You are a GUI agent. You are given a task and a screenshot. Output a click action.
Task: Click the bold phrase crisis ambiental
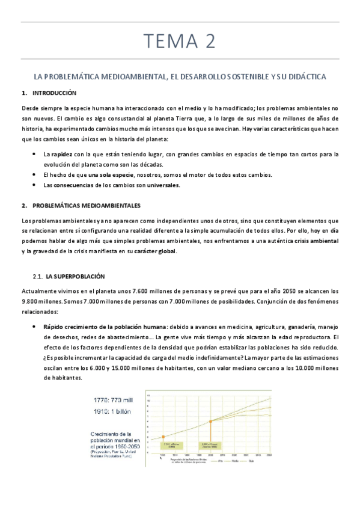point(316,241)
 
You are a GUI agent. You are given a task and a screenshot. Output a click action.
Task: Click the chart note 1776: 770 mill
point(116,400)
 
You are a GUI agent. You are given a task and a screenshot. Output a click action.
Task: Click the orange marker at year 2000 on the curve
point(210,420)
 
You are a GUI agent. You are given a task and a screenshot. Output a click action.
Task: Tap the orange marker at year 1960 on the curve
point(162,437)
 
